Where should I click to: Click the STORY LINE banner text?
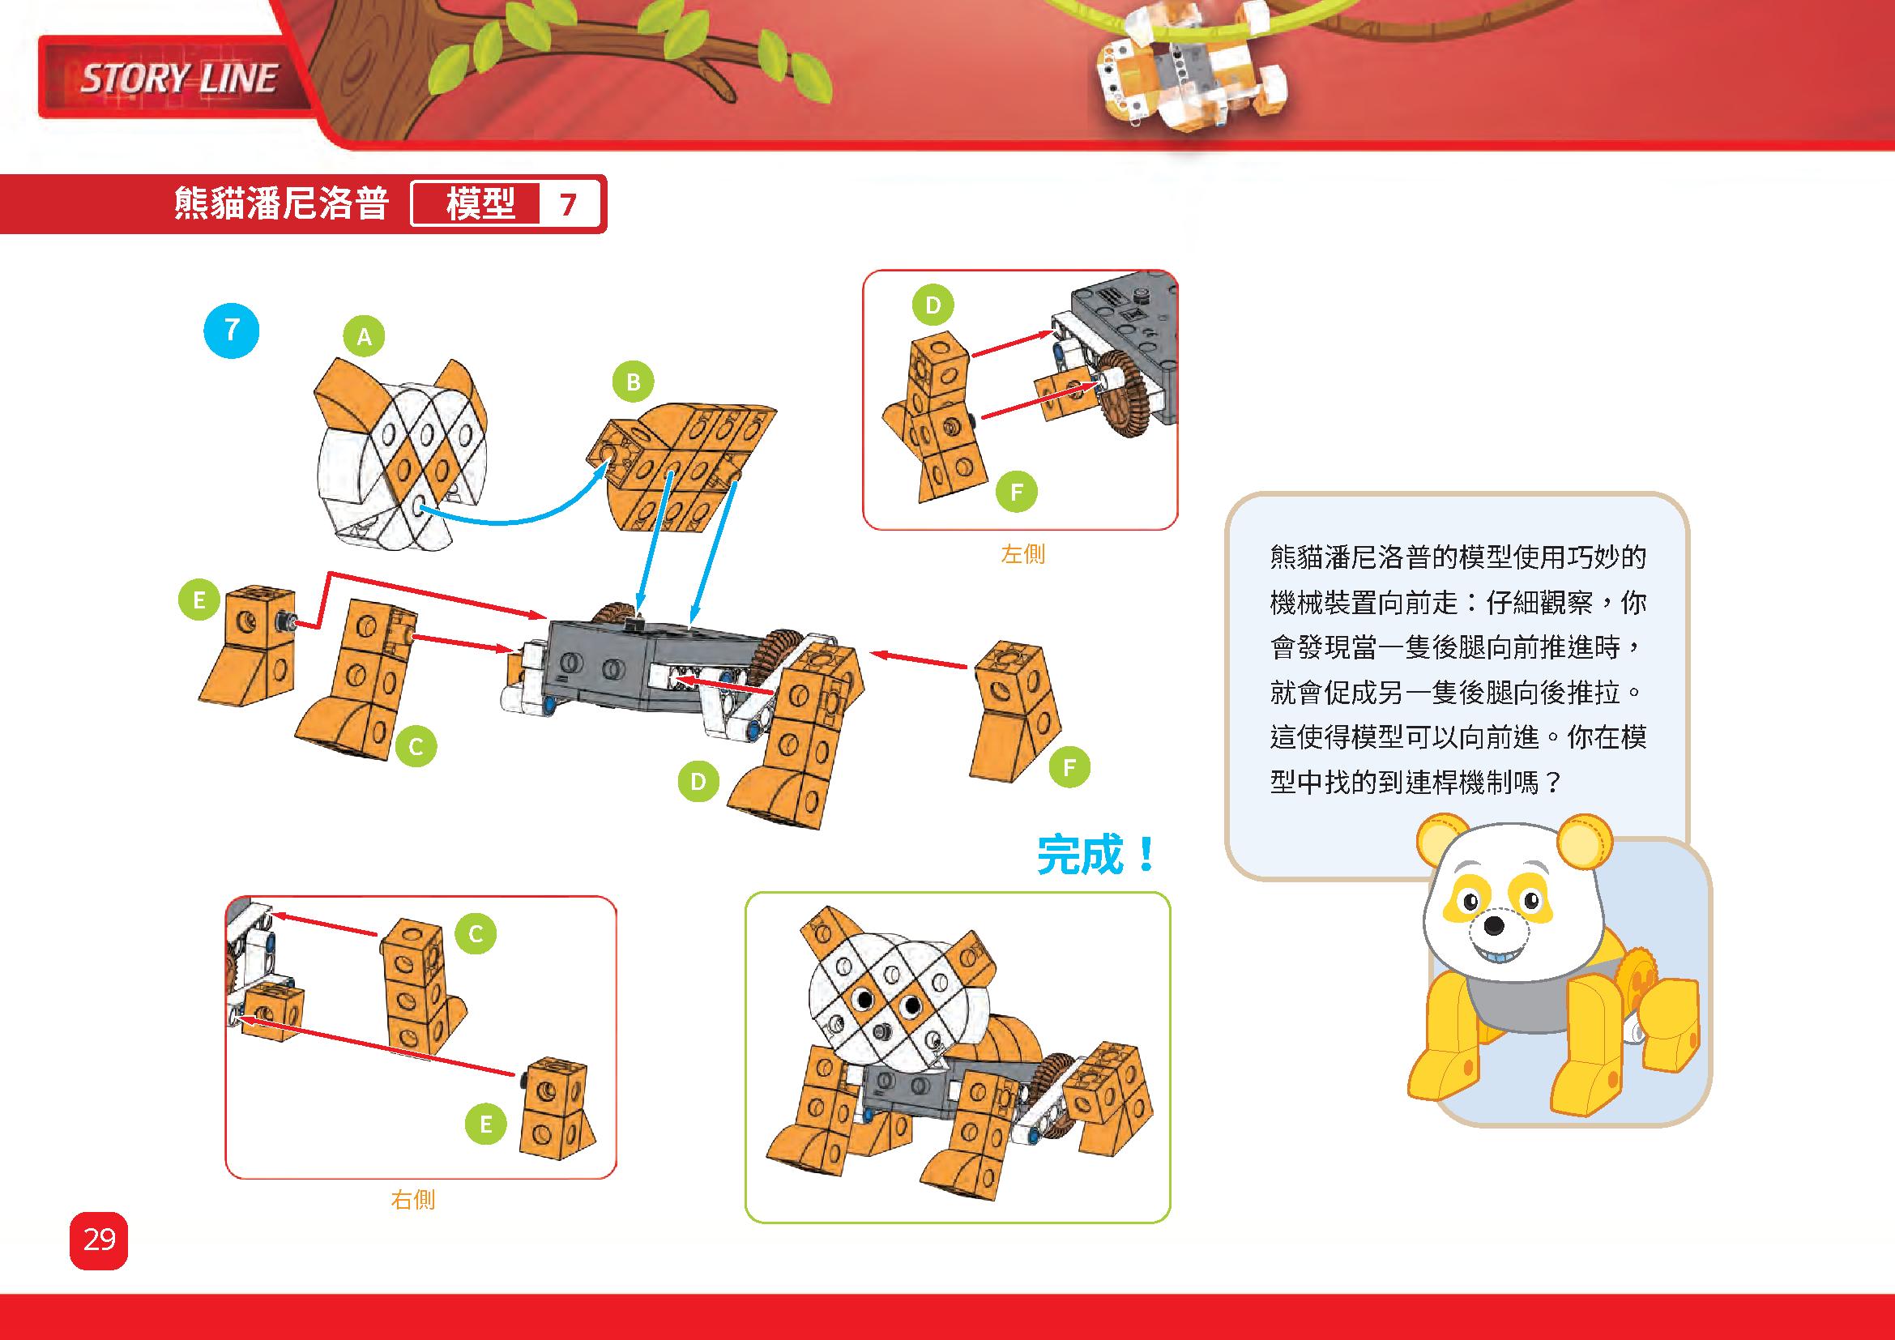click(177, 79)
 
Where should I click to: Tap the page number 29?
click(99, 1240)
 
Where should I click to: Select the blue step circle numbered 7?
click(231, 331)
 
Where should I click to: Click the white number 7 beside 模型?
click(568, 204)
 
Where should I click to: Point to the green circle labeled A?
click(364, 336)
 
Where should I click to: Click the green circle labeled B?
click(633, 382)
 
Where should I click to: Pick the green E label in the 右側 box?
click(485, 1124)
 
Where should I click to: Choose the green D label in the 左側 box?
click(933, 305)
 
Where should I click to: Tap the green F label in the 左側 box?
click(1016, 493)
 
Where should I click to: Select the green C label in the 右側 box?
click(476, 933)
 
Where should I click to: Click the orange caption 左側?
click(1022, 553)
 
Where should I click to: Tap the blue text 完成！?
click(1097, 855)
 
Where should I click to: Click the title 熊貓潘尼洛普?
click(281, 204)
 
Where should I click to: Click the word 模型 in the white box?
click(481, 204)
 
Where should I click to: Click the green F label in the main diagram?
click(1069, 767)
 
